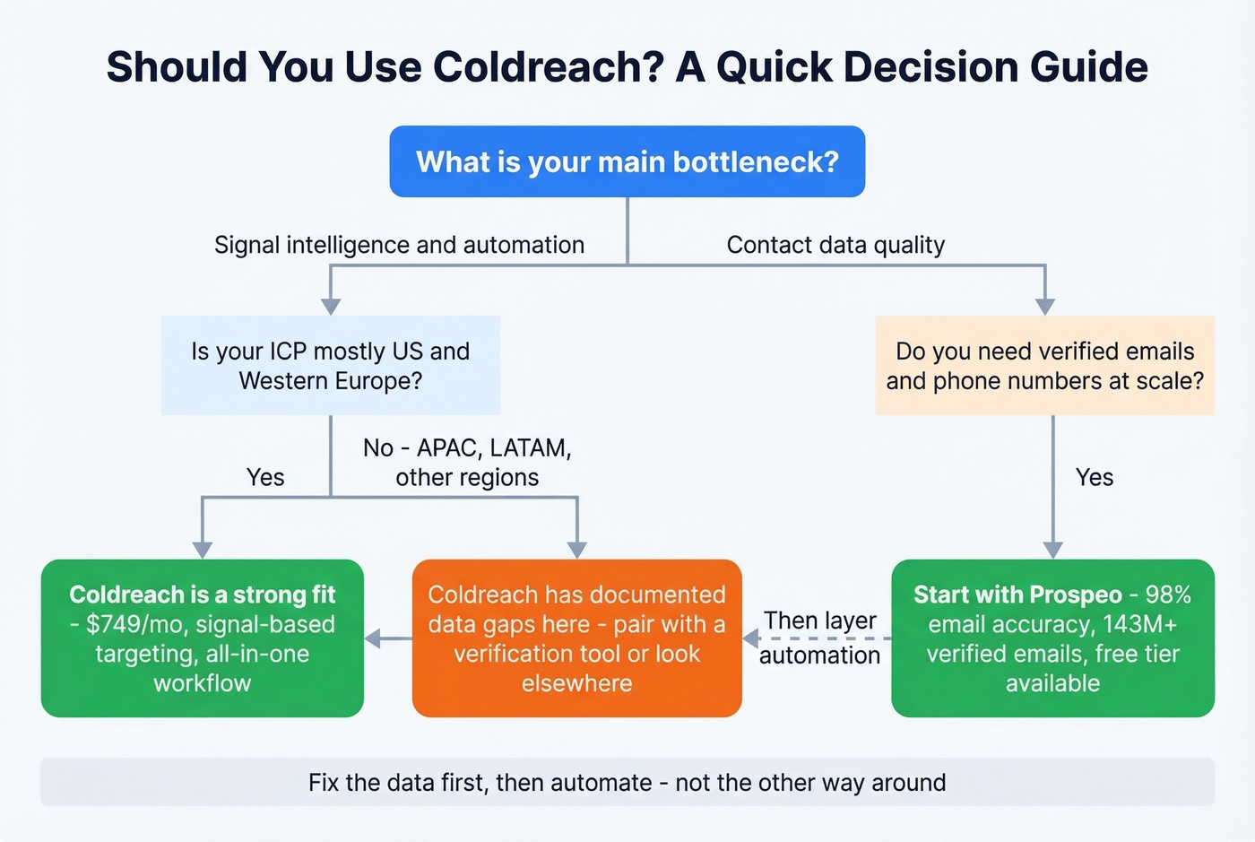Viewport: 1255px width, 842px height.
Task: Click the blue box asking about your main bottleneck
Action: tap(627, 161)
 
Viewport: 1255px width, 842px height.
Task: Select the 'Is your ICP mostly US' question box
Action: tap(330, 365)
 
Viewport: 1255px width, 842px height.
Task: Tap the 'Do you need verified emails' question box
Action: tap(1044, 365)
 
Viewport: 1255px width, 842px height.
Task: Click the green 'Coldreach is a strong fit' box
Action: tap(203, 638)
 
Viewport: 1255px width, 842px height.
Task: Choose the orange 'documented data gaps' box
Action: tap(576, 638)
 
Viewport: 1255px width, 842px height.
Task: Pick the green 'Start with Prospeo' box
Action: tap(1052, 638)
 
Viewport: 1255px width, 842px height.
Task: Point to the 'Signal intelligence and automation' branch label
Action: tap(399, 245)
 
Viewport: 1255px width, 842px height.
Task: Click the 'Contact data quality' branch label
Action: tap(835, 245)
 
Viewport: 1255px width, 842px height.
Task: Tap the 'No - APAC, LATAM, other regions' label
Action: tap(467, 462)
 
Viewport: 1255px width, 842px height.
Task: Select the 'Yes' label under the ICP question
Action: tap(265, 477)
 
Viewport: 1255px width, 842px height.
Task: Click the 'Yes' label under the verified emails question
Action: tap(1094, 477)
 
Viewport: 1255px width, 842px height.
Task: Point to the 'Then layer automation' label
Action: tap(819, 638)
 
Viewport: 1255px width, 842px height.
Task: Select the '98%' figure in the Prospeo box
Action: tap(1168, 595)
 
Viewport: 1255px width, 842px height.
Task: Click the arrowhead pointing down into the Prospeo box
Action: tap(1053, 550)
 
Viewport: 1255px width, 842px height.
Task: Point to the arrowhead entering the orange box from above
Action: tap(577, 550)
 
